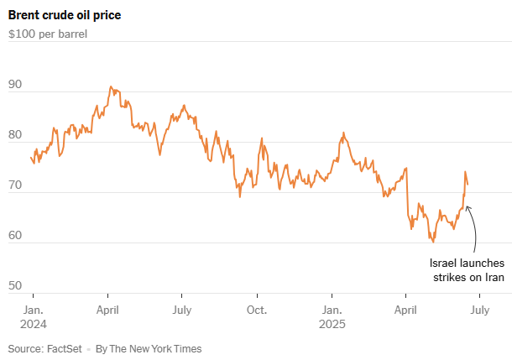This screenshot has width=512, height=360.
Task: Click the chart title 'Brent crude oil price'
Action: tap(63, 15)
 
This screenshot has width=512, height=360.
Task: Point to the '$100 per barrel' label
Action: tap(48, 34)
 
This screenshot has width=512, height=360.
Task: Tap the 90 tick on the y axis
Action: tap(15, 85)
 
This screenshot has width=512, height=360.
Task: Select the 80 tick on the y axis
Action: tap(15, 135)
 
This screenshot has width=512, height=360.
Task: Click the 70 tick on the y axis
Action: tap(15, 185)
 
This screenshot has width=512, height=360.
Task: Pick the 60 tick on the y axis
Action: tap(15, 236)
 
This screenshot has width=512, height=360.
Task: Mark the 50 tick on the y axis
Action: tap(15, 286)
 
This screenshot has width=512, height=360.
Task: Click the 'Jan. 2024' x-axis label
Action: tap(34, 316)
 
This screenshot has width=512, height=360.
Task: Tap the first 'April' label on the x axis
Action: tap(108, 310)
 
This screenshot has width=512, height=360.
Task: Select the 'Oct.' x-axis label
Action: tap(257, 310)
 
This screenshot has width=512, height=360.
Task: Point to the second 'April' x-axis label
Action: tap(405, 310)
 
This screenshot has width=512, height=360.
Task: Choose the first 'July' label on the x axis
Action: tap(181, 310)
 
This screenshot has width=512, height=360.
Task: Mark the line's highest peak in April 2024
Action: tap(110, 86)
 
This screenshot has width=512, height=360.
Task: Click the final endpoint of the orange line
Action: tap(468, 184)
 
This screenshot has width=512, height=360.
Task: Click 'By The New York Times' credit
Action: tap(149, 348)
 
